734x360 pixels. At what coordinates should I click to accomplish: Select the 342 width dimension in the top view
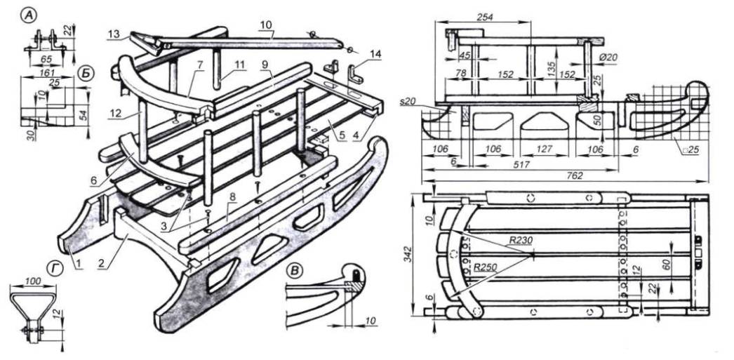click(x=415, y=256)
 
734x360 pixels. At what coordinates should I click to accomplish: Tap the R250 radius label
click(x=486, y=267)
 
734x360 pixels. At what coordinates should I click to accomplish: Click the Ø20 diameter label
click(x=608, y=56)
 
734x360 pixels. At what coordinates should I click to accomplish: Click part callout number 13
click(x=114, y=33)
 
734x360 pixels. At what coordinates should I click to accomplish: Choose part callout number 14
click(x=375, y=53)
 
